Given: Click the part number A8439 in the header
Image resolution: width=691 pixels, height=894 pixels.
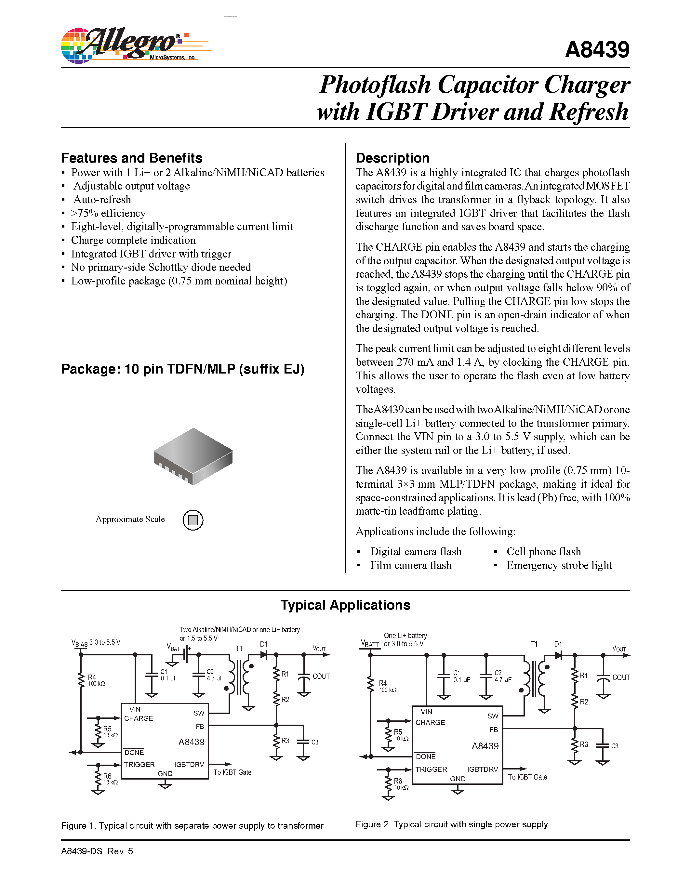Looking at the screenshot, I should click(597, 50).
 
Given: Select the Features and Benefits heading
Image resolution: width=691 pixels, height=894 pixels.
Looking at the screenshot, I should click(131, 158).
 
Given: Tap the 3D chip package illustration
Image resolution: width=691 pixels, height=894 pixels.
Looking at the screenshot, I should click(193, 456).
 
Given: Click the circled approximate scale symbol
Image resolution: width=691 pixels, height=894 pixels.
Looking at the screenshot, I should click(193, 520).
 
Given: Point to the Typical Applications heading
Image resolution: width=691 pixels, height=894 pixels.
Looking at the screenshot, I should click(345, 605).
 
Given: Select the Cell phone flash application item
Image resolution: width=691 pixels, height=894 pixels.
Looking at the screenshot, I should click(543, 552).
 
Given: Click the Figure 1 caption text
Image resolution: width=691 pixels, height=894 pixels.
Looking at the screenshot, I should click(192, 826).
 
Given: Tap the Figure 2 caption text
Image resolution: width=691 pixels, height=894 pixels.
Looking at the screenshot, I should click(452, 824).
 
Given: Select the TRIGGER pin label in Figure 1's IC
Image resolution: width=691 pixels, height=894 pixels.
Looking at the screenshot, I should click(139, 765).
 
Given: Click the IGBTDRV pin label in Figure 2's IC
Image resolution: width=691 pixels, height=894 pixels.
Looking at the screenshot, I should click(482, 769).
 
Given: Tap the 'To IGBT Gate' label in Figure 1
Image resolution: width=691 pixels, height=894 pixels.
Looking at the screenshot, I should click(232, 772).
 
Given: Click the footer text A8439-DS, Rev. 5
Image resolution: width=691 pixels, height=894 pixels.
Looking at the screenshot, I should click(97, 851).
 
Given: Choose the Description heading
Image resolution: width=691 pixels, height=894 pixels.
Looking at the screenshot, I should click(392, 158).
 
